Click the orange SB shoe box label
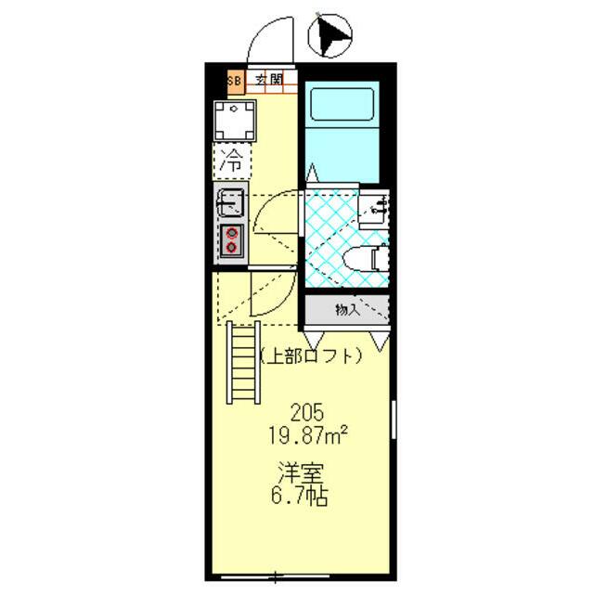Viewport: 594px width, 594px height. pyautogui.click(x=235, y=81)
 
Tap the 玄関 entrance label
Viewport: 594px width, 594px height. pyautogui.click(x=268, y=80)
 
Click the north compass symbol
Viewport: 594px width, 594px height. pyautogui.click(x=330, y=35)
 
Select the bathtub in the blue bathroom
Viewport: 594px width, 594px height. pyautogui.click(x=342, y=104)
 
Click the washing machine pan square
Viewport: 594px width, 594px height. pyautogui.click(x=235, y=121)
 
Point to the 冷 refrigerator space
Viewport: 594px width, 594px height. pyautogui.click(x=231, y=161)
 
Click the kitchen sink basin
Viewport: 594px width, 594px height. pyautogui.click(x=230, y=203)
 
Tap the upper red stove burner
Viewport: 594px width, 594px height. pyautogui.click(x=231, y=233)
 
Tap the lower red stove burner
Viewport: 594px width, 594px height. pyautogui.click(x=231, y=248)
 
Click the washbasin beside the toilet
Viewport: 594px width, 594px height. pyautogui.click(x=373, y=208)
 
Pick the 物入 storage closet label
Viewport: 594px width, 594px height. pyautogui.click(x=347, y=310)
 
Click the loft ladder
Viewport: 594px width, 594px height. pyautogui.click(x=243, y=363)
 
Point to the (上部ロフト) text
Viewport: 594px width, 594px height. pyautogui.click(x=311, y=356)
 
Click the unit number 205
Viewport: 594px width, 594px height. pyautogui.click(x=307, y=412)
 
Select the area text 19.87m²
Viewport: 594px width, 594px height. pyautogui.click(x=308, y=435)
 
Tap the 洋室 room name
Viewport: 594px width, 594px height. pyautogui.click(x=301, y=472)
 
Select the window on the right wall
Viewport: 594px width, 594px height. pyautogui.click(x=394, y=420)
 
